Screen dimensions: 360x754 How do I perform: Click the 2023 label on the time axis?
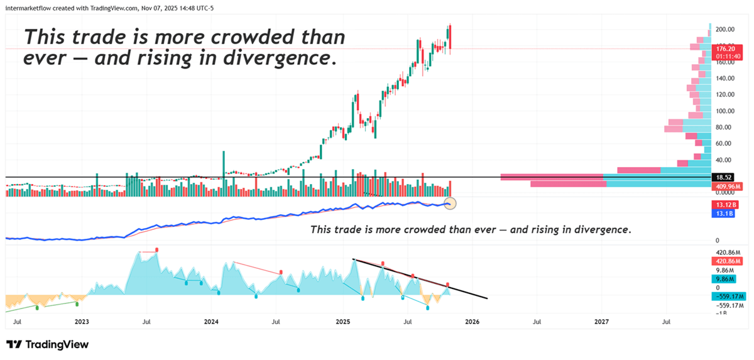[81, 322]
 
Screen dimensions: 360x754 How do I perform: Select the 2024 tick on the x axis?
[211, 322]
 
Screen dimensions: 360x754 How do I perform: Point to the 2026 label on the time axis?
[472, 322]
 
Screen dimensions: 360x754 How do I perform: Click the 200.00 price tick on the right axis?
[725, 30]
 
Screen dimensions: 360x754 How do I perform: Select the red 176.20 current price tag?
[726, 48]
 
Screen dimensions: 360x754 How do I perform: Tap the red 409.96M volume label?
[726, 187]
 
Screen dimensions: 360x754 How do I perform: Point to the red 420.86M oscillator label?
[726, 261]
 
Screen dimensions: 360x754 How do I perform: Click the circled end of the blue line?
[449, 203]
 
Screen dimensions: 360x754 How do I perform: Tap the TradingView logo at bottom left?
[48, 344]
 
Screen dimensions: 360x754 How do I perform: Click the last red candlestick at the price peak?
[450, 38]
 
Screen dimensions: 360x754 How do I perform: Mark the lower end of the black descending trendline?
[486, 298]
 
